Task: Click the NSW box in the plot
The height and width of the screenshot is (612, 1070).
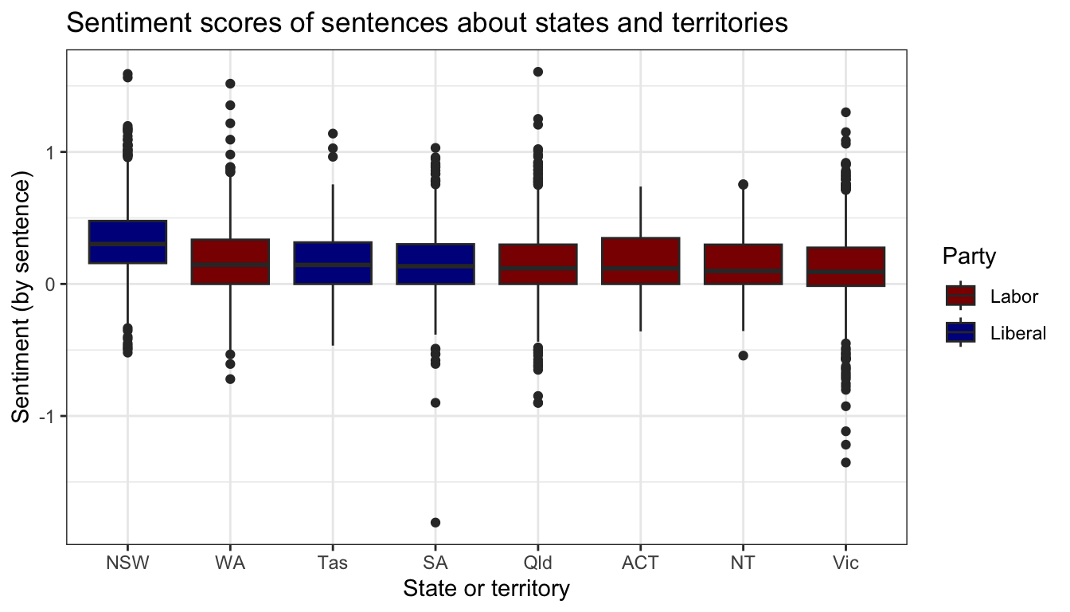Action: click(127, 241)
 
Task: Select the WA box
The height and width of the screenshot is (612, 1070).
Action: click(230, 261)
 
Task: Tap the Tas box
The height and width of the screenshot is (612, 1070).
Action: click(333, 262)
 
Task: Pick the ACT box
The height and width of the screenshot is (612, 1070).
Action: click(641, 261)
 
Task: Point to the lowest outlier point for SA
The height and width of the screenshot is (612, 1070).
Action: click(435, 523)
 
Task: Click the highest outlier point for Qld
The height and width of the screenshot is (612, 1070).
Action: click(538, 72)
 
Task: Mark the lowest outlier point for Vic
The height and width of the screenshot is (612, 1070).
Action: click(845, 462)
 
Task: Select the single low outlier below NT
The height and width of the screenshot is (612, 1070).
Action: click(744, 355)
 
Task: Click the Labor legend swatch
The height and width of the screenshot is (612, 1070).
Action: click(961, 296)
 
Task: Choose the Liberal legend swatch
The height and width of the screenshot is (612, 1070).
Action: click(961, 332)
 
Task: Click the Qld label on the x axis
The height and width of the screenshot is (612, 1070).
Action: click(538, 564)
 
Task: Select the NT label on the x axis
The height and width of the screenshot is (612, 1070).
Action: click(744, 564)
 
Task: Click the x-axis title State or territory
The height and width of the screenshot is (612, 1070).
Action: click(486, 590)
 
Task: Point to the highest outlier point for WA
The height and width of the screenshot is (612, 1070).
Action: click(230, 84)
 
